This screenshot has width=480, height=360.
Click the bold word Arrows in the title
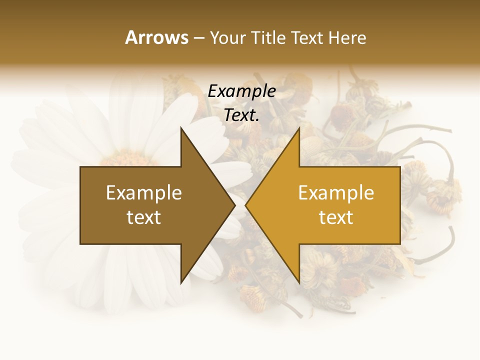[x=156, y=37]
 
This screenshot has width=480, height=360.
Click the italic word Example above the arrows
[x=242, y=91]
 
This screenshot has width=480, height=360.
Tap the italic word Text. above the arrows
[x=240, y=115]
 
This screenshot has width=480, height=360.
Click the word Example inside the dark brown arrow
[x=144, y=193]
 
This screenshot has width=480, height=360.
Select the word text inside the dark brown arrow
[x=144, y=217]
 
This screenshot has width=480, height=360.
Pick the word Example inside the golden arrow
[x=336, y=193]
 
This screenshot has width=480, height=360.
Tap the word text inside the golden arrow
[x=336, y=217]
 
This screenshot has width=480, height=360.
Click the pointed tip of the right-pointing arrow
[x=235, y=205]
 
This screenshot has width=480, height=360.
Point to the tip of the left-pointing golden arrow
[x=245, y=205]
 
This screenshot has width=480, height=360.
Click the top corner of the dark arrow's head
[x=181, y=128]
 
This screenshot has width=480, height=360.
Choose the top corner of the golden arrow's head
[x=299, y=128]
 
